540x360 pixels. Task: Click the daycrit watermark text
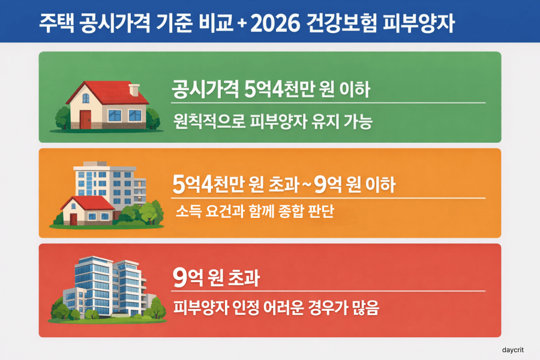point(514,349)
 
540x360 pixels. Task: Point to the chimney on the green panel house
point(134,90)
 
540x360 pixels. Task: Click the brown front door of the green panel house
point(86,119)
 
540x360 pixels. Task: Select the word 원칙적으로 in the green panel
point(206,123)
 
